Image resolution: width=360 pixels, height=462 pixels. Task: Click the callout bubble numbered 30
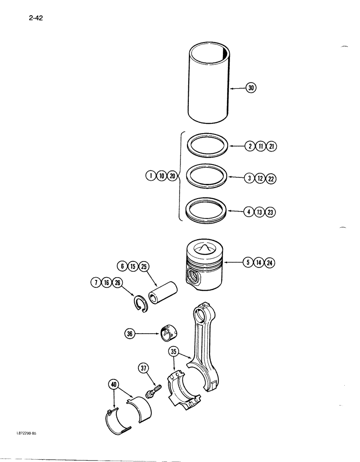(251, 88)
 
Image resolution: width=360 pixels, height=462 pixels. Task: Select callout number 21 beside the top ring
(270, 146)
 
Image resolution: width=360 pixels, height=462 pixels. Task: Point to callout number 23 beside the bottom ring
(270, 213)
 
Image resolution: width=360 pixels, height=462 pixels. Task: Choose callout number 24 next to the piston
(270, 263)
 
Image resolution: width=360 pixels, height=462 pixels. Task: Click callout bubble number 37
(143, 368)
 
